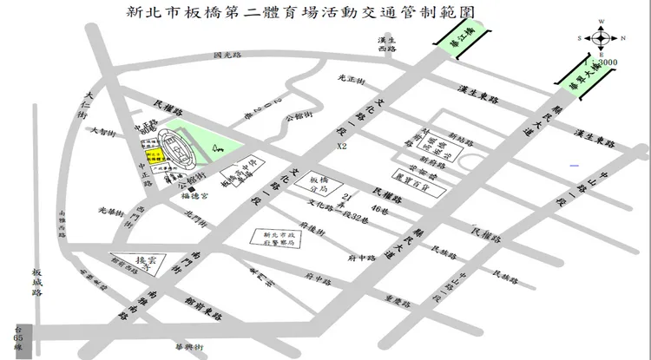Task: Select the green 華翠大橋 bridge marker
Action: pos(575,73)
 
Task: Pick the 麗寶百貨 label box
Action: pos(410,173)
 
